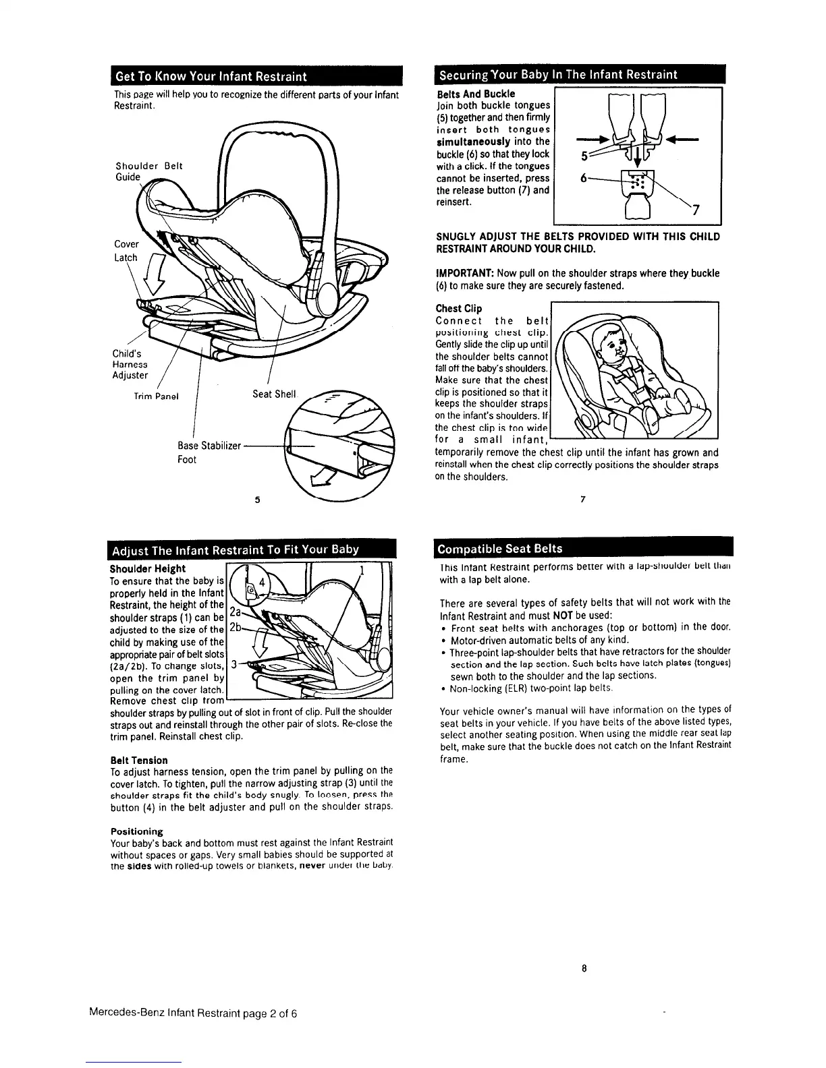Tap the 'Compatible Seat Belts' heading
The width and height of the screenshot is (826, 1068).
click(501, 548)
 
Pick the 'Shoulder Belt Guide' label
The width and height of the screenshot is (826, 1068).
click(148, 171)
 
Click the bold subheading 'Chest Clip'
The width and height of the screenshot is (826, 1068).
click(459, 309)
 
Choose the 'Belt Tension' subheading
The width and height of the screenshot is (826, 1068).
click(140, 760)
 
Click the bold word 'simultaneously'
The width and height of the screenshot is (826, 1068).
click(474, 142)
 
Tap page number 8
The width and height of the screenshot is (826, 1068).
click(584, 969)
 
